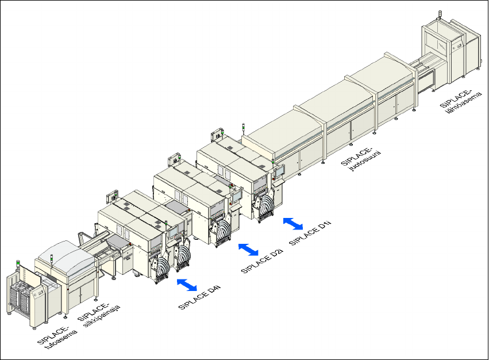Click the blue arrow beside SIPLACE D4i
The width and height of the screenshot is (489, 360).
[187, 284]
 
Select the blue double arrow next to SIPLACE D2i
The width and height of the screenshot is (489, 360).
[248, 249]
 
